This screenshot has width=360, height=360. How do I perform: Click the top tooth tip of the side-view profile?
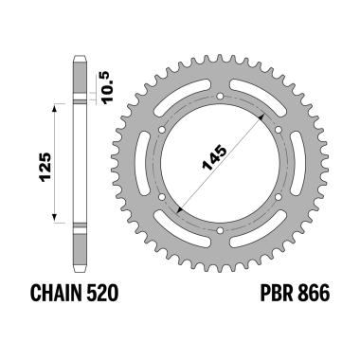[81, 60]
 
